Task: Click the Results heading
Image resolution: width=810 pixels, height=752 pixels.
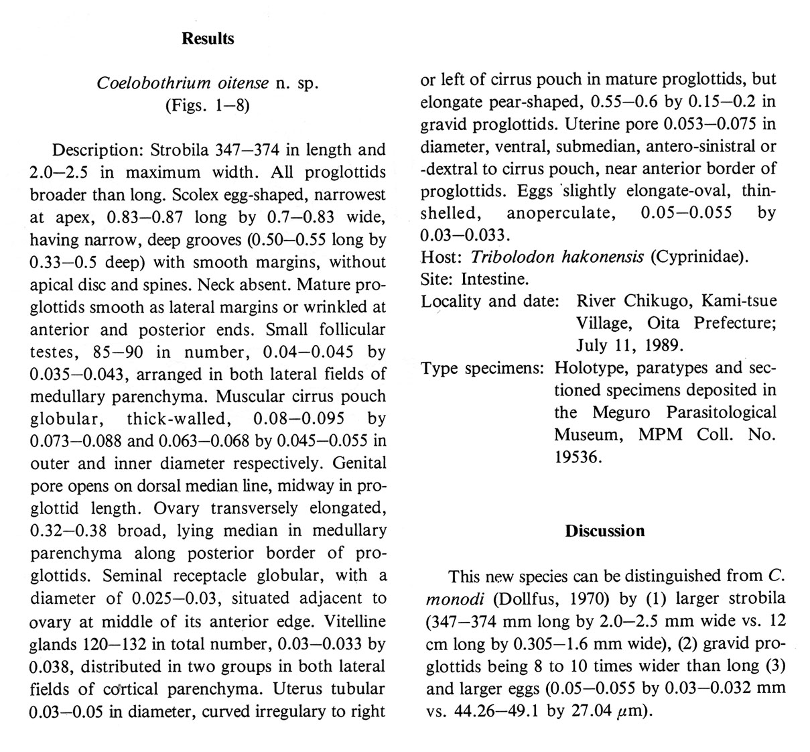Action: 208,39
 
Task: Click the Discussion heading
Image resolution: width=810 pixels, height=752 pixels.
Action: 604,531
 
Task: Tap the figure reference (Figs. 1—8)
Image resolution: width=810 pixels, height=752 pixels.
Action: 208,106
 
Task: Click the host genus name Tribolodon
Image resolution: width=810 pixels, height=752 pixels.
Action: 507,257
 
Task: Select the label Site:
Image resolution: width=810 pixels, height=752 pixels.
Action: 438,279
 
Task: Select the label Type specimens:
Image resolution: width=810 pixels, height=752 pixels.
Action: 482,368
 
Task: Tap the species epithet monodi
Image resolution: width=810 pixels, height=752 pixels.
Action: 453,599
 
